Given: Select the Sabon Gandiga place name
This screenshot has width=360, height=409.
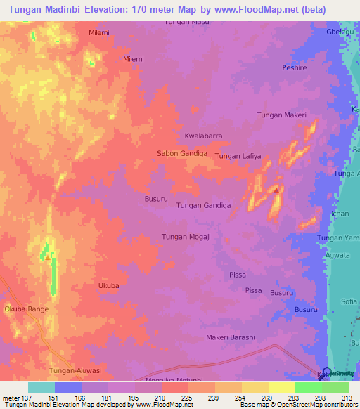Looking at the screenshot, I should pyautogui.click(x=181, y=152).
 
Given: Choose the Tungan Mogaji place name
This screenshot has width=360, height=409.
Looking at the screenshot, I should pyautogui.click(x=186, y=237).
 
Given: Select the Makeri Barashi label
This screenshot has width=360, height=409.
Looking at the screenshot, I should pyautogui.click(x=230, y=337).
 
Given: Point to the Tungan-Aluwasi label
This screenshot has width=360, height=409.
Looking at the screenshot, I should pyautogui.click(x=75, y=370).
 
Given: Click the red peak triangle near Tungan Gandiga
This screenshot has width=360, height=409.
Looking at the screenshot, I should pyautogui.click(x=277, y=190).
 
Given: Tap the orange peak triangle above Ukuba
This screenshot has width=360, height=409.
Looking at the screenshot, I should pyautogui.click(x=47, y=257).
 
